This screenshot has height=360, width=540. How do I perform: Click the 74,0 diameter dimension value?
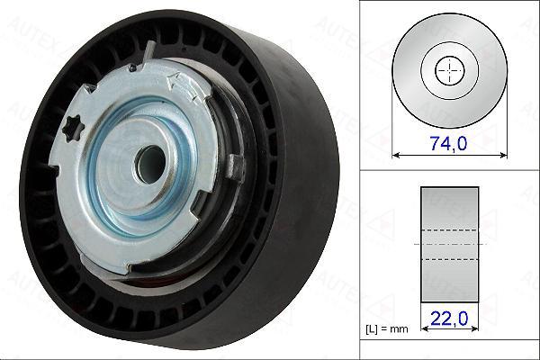tap(448, 143)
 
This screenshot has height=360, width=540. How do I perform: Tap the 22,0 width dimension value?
tap(449, 319)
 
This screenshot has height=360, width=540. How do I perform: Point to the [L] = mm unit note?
tap(386, 329)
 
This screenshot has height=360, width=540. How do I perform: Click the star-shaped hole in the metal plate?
tap(73, 129)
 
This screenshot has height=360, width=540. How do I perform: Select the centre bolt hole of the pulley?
tap(151, 165)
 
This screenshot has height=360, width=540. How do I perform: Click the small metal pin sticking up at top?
tap(148, 51)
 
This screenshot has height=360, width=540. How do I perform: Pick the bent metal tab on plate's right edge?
tap(235, 166)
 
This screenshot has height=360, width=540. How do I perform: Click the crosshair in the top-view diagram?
tap(449, 71)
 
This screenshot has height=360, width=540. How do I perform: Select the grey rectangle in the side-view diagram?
tap(449, 245)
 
